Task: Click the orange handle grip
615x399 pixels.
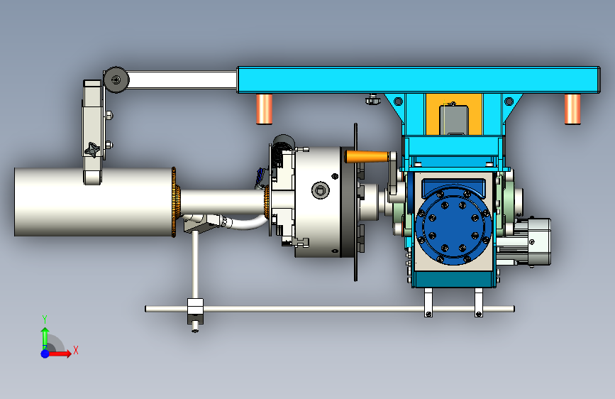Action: click(x=367, y=157)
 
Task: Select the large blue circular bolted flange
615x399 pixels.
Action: click(x=453, y=225)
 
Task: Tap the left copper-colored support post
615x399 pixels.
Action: click(x=265, y=109)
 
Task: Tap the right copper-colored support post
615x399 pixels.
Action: click(x=572, y=109)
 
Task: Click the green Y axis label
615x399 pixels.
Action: click(x=45, y=319)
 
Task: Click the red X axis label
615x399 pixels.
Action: click(x=76, y=350)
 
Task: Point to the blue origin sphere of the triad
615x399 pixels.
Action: click(x=45, y=354)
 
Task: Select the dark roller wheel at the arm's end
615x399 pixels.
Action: click(x=116, y=80)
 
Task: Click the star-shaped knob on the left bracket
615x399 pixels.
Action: click(x=92, y=150)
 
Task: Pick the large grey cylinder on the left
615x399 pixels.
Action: click(x=94, y=202)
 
